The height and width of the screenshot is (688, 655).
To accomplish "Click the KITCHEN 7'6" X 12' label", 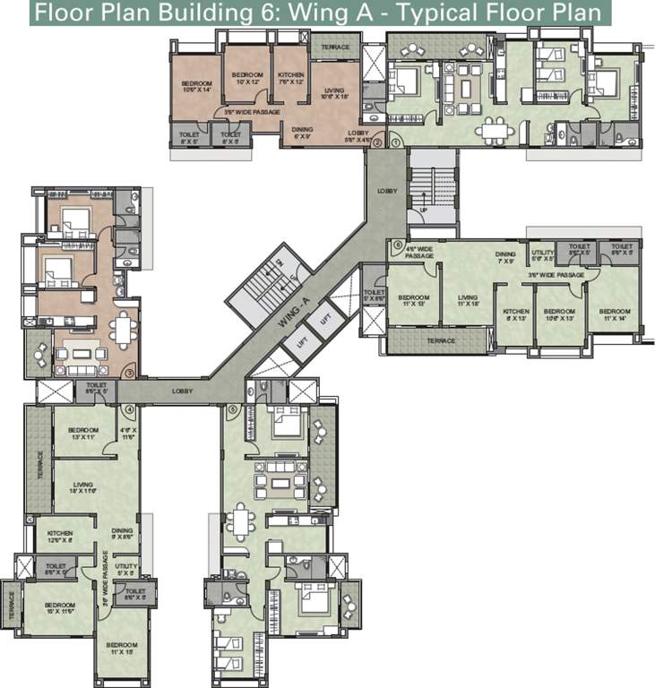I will point(291,78).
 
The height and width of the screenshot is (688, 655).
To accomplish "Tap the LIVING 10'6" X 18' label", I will point(334,93).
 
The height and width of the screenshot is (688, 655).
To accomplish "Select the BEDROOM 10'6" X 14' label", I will point(194,86).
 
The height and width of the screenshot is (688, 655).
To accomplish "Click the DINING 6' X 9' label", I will point(302,132).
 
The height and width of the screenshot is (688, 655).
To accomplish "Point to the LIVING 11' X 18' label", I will point(468,301).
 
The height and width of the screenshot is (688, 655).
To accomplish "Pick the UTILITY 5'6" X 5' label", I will point(542,256).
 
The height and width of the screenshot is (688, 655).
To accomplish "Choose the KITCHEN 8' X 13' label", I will point(516,314).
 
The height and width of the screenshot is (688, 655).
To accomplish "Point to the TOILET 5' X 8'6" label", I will point(375,296).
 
